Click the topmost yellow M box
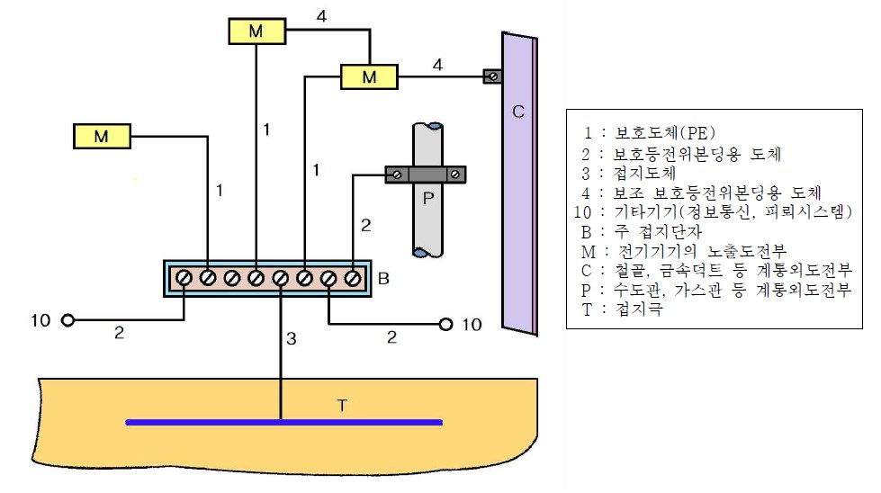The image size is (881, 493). [256, 31]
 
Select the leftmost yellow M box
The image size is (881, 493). [101, 137]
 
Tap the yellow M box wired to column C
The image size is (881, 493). [369, 77]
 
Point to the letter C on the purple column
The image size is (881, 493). [517, 112]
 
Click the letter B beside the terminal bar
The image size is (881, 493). [383, 279]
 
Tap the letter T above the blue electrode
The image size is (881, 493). [341, 406]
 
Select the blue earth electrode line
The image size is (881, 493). [283, 421]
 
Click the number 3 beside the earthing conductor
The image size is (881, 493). [291, 339]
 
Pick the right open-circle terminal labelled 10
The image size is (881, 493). [445, 324]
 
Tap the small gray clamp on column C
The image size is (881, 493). [492, 76]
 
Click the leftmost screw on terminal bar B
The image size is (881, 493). [184, 278]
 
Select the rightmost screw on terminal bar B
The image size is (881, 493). [353, 278]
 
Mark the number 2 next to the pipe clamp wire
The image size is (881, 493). [365, 227]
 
